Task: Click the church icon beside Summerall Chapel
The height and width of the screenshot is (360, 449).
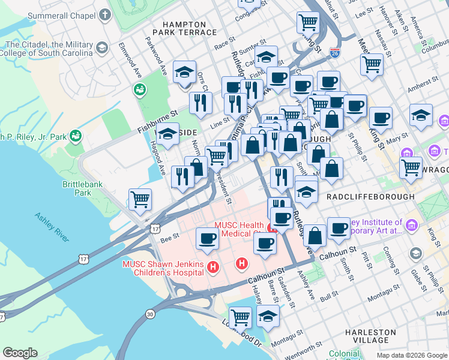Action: (x=105, y=14)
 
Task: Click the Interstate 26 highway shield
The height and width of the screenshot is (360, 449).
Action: (x=334, y=53)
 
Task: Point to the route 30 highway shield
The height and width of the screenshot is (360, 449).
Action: (x=149, y=314)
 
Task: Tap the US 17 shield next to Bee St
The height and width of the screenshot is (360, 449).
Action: (x=155, y=228)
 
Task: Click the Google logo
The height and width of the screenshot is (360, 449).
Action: (x=20, y=353)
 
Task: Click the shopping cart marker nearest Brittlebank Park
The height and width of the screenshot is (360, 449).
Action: (x=140, y=199)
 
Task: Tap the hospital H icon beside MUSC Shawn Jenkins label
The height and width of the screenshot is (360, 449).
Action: (x=211, y=266)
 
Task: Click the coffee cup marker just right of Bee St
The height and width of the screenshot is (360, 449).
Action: (x=208, y=238)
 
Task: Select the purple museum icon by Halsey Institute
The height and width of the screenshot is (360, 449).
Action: (x=411, y=226)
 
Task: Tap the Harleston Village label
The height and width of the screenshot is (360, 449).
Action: (x=371, y=336)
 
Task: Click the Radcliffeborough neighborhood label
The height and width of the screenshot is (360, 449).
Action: (x=370, y=196)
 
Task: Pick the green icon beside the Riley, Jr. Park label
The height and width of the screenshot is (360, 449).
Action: (x=75, y=136)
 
